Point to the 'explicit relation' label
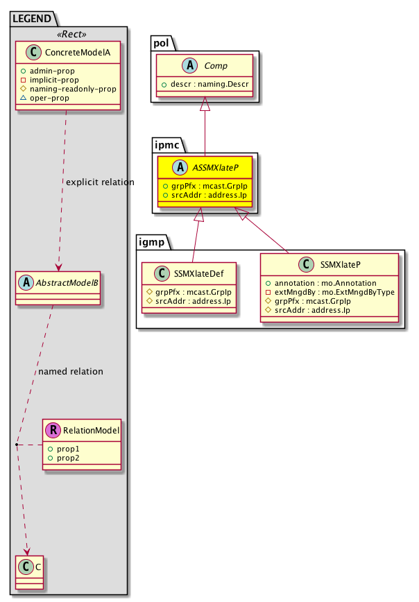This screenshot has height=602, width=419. coord(99,182)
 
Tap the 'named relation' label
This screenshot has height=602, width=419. coord(71,372)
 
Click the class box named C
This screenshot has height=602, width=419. coord(30,567)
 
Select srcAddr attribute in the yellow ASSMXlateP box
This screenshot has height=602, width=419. coord(207,196)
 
